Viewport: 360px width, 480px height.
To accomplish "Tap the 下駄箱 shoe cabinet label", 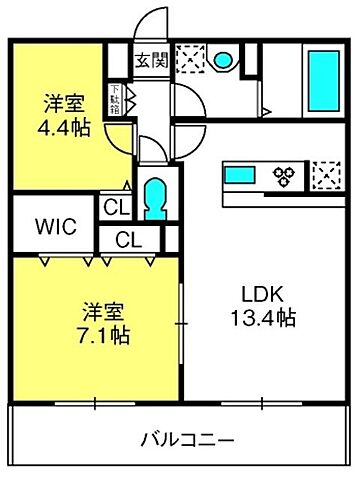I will coord(116,100).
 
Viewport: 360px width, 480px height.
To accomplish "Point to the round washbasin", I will coord(223,59).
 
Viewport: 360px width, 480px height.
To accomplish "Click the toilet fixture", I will coord(152,199).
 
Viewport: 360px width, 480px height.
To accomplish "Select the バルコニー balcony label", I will coord(187,440).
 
